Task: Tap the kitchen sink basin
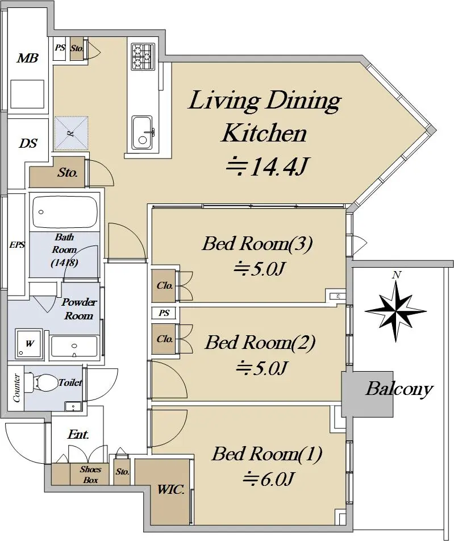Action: (142, 133)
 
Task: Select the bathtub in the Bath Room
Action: (65, 212)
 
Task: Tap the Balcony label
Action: (399, 389)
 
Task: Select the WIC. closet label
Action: (170, 489)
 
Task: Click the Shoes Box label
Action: (90, 475)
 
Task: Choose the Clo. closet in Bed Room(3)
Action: (165, 286)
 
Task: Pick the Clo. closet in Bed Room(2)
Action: (165, 339)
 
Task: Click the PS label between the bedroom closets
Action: (164, 313)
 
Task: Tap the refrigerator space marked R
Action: (71, 133)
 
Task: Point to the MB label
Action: (28, 58)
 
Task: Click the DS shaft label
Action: (28, 143)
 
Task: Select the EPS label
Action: (17, 244)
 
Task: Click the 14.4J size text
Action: (266, 167)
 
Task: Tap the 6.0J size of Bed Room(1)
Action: (268, 479)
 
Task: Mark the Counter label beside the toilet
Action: (16, 388)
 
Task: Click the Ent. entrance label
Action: (78, 434)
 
